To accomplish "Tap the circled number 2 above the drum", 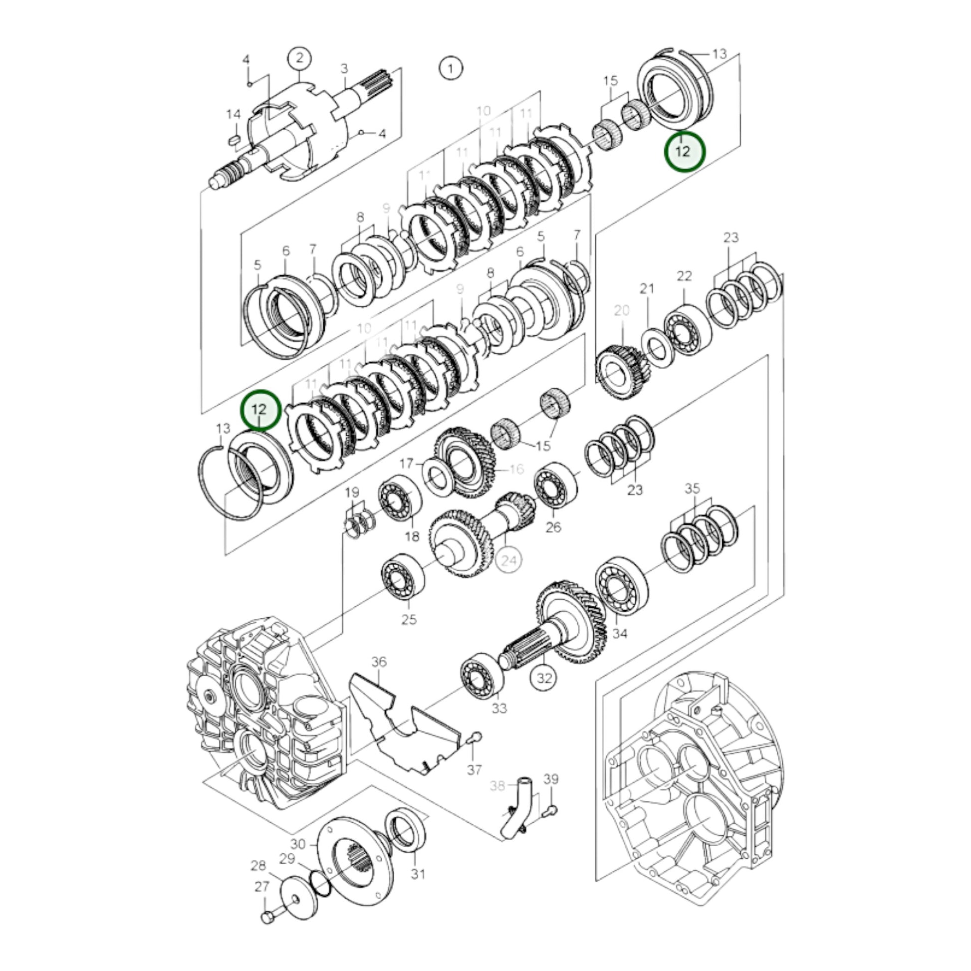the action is point(299,58).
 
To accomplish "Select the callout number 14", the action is point(233,115).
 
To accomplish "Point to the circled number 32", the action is point(544,678).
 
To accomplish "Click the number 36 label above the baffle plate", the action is point(379,662).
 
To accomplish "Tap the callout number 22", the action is point(685,275).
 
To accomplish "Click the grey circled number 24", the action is point(509,560).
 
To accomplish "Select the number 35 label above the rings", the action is point(692,488).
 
